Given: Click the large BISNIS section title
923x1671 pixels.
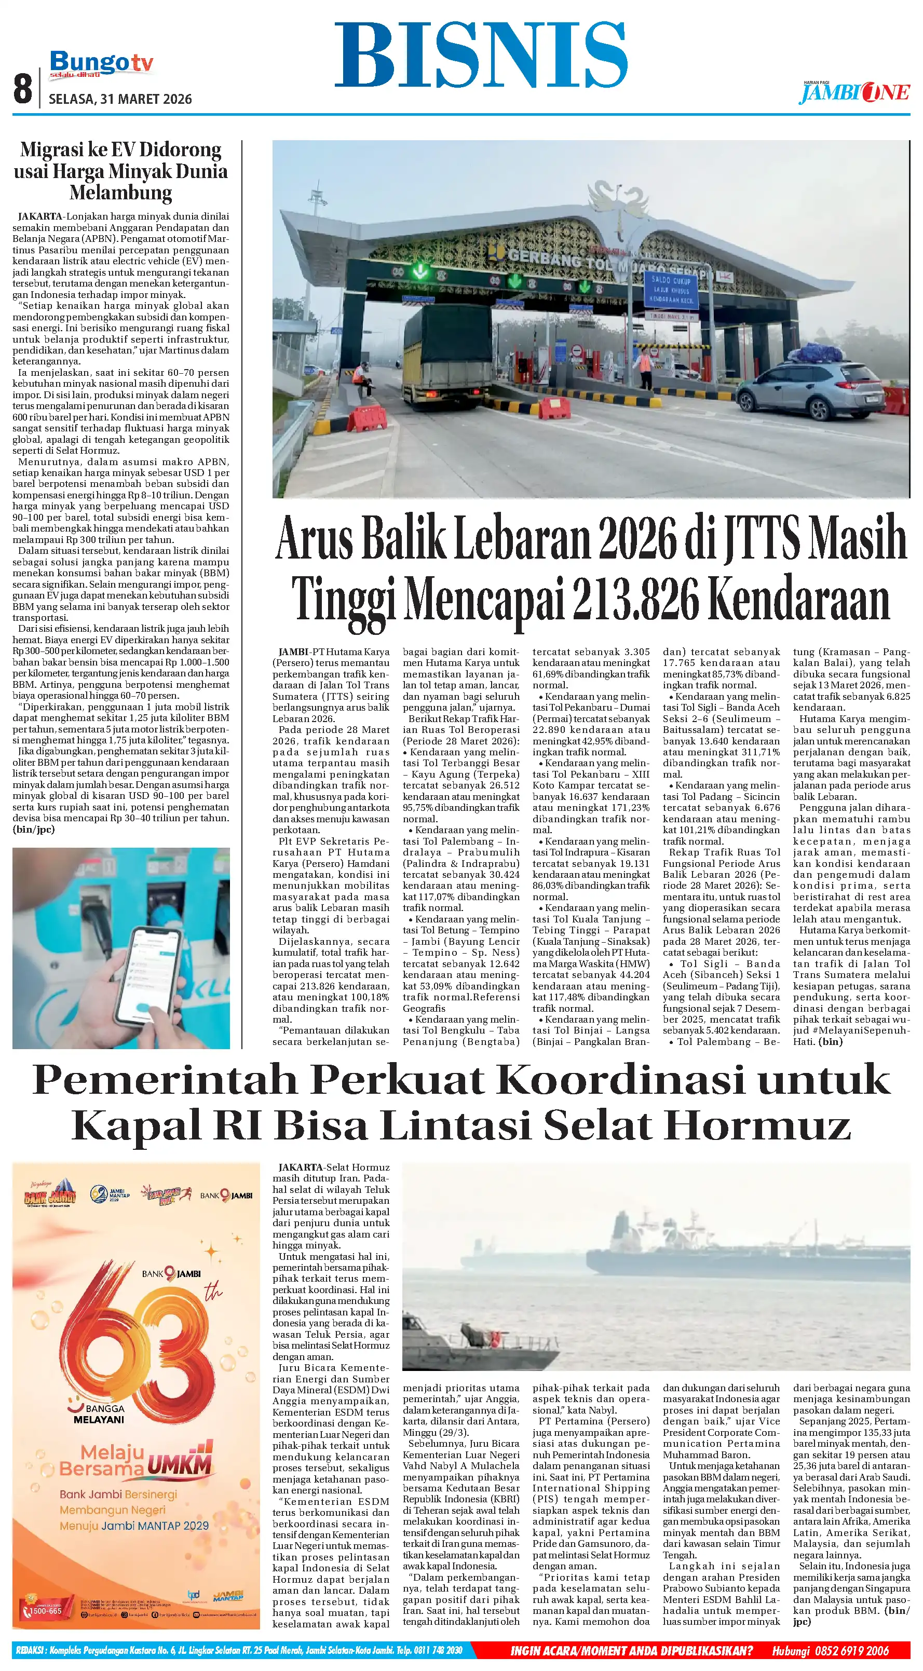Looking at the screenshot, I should [481, 56].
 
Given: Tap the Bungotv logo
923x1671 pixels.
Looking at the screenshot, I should [101, 63].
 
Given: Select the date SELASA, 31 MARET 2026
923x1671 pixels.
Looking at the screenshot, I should [120, 99].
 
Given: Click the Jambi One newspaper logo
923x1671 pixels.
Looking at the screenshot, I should [854, 93].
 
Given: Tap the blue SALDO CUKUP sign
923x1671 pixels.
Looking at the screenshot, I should [671, 291].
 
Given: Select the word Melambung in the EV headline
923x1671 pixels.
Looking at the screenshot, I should [120, 193].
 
